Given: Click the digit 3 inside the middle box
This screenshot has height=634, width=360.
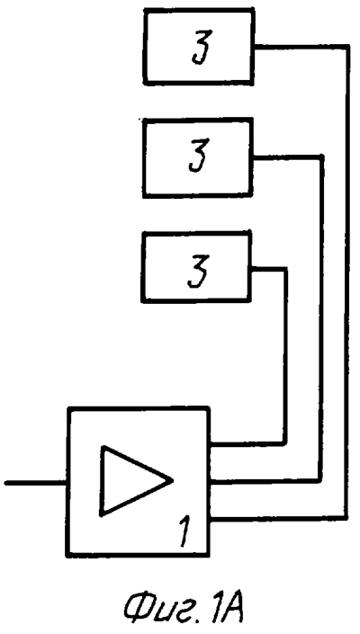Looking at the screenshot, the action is (x=199, y=156).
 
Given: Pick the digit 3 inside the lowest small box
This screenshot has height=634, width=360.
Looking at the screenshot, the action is (x=197, y=271).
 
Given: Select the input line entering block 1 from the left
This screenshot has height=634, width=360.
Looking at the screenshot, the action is (x=36, y=482).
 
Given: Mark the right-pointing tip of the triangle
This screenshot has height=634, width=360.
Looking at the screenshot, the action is (x=173, y=480).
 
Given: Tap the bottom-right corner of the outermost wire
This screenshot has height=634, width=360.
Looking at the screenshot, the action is (x=346, y=517).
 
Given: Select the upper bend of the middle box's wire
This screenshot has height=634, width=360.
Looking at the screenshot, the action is (x=322, y=156).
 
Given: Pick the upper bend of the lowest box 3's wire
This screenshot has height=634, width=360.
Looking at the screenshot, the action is (x=285, y=269).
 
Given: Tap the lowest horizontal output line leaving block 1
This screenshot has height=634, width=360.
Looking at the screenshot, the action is (x=278, y=518).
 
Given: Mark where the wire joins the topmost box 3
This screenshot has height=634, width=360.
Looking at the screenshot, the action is (x=255, y=47).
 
